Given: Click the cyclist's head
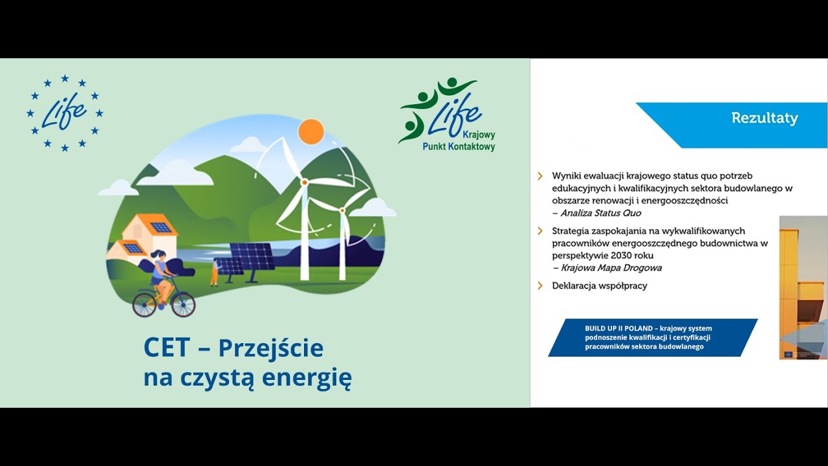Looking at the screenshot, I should click(159, 256).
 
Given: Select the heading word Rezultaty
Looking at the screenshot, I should click(764, 118).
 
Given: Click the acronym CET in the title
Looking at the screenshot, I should click(166, 348).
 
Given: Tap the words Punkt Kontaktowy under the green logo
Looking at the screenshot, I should click(459, 147).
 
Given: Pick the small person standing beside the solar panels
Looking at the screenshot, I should click(214, 272).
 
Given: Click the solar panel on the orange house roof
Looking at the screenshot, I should click(160, 227).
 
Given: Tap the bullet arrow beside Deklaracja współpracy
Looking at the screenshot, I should click(540, 285).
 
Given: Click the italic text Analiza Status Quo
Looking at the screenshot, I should click(601, 213).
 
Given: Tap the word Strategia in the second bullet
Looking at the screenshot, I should click(571, 230).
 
